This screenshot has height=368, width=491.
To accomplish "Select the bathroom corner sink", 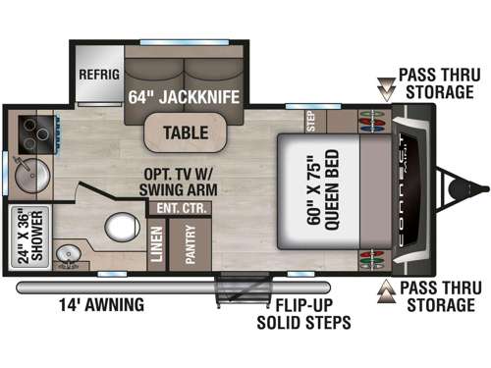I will tap(66, 257).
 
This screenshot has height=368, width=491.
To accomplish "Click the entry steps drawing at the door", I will tap(236, 291).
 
